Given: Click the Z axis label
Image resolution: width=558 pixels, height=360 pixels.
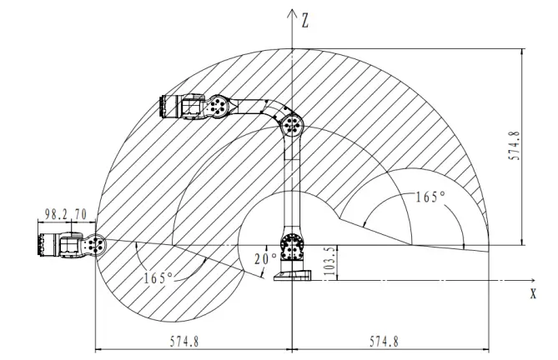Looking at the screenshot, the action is tap(305, 20).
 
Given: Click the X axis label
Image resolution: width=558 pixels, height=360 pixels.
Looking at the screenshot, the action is tap(533, 293).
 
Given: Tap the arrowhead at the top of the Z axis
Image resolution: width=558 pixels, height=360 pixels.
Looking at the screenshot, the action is tap(292, 13).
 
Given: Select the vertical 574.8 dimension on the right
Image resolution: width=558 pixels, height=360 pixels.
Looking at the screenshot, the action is tap(514, 146).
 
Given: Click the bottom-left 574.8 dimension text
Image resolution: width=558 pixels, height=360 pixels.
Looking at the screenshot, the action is tap(184, 342).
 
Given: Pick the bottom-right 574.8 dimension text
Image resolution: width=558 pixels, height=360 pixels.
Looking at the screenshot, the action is tap(384, 342).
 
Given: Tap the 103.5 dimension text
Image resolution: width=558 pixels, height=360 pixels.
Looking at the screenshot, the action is tap(329, 261).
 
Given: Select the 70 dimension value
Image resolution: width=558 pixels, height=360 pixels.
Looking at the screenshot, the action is tap(80, 214).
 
